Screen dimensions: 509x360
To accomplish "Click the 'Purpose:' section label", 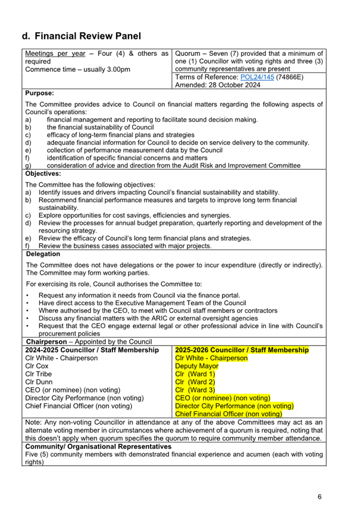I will pyautogui.click(x=40, y=93).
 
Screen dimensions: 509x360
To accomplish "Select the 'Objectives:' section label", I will pyautogui.click(x=43, y=174).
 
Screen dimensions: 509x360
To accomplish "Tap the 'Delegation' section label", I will pyautogui.click(x=43, y=254).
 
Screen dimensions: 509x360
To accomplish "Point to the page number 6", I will pyautogui.click(x=320, y=497).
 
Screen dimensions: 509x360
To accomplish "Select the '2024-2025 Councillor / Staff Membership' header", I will pyautogui.click(x=92, y=351).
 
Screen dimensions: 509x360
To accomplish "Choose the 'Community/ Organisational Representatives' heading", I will pyautogui.click(x=98, y=446).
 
